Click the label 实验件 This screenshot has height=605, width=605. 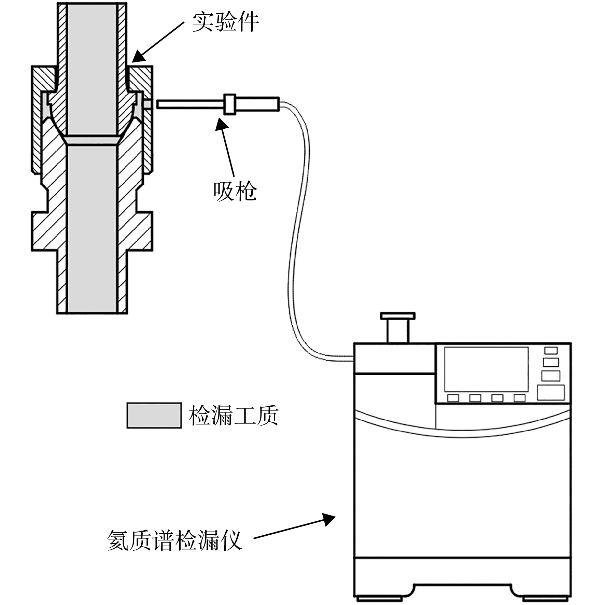tap(225, 23)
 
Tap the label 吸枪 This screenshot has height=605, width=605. tap(235, 191)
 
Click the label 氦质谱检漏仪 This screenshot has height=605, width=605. tap(174, 540)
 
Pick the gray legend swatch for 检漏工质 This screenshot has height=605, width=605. tap(154, 415)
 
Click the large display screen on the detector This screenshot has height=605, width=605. tap(486, 369)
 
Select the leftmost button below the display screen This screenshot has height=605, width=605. tap(453, 398)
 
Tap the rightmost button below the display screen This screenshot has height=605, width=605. tap(519, 398)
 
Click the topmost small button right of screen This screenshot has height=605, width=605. tap(551, 350)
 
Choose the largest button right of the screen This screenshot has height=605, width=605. tap(550, 392)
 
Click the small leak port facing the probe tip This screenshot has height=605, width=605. tap(148, 104)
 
